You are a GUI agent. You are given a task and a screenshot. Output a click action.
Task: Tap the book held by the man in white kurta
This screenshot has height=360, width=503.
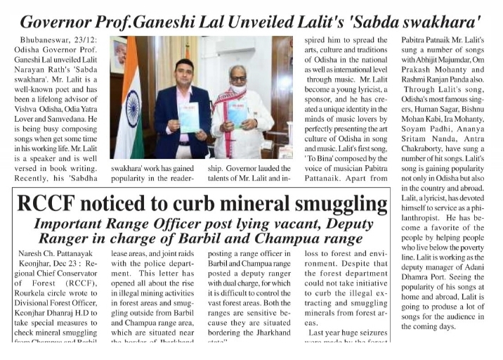(237, 112)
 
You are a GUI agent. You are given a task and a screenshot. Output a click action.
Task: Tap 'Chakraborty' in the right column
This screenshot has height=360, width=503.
(429, 159)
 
